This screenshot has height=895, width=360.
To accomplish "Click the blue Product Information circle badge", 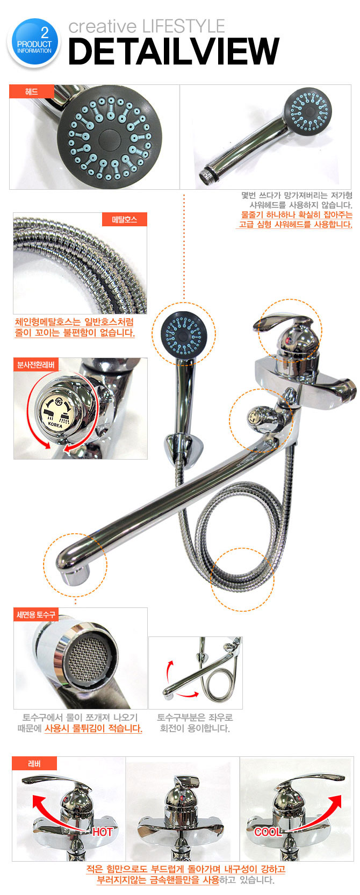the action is point(34,42).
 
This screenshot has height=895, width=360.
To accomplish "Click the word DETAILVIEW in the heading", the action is point(174,51).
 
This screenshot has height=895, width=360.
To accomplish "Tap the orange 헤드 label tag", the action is point(32,91).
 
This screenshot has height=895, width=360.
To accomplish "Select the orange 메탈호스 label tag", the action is point(124,219).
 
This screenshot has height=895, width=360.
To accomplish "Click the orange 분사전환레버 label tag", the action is point(35,364).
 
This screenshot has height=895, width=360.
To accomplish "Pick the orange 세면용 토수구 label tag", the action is point(36,614).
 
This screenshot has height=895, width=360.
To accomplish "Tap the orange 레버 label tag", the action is point(34,763).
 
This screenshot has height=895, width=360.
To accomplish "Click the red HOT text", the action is point(103,832).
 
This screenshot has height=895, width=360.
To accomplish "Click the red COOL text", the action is point(268,832).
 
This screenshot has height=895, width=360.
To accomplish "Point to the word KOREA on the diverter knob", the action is point(55,425).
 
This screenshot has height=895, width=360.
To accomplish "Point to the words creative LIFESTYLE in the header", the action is point(147,26).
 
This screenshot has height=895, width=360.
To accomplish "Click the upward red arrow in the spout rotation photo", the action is point(169,672).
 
